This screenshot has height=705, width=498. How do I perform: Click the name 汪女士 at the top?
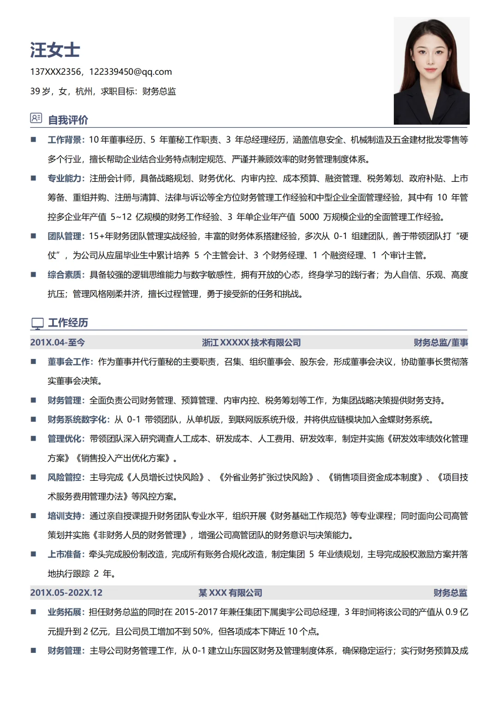pos(55,50)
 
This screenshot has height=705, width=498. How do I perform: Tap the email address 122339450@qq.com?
pos(130,72)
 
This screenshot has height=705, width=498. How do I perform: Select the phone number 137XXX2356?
pos(55,72)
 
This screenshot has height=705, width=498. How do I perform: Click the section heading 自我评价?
pos(68,120)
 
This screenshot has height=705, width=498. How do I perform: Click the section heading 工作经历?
pos(68,323)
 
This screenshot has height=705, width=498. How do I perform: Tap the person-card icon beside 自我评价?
pos(36,118)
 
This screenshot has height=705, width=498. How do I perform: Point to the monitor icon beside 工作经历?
pos(37,323)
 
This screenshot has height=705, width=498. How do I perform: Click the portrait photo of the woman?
pos(431,71)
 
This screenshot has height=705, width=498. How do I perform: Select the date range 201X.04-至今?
pos(57,342)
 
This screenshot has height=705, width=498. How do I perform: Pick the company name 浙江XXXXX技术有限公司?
pos(251,342)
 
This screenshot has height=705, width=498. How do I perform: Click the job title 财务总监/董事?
pos(440,342)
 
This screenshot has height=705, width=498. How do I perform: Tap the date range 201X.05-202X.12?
pos(66,592)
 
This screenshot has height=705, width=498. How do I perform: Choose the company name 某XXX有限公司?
pos(231,592)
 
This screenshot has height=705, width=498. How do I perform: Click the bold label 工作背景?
pos(65,140)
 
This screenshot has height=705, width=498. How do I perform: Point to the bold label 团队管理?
pos(65,236)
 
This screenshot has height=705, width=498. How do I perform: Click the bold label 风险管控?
pos(65,477)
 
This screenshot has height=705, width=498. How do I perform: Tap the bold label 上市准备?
pos(65,554)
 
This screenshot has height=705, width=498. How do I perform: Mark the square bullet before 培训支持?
pos(34,516)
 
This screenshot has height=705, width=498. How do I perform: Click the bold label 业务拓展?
pos(65,612)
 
